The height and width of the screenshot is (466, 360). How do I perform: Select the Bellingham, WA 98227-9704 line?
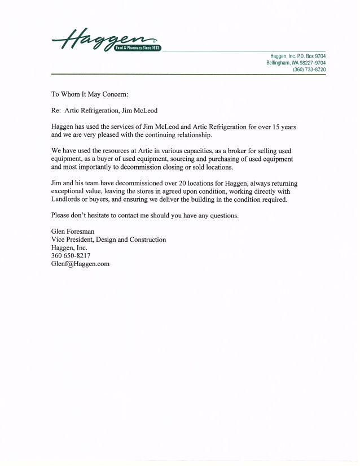click(x=296, y=63)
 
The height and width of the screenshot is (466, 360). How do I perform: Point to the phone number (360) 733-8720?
click(x=309, y=69)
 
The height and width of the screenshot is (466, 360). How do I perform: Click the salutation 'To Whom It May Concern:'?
click(x=86, y=95)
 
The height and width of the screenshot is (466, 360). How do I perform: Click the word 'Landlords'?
click(x=67, y=200)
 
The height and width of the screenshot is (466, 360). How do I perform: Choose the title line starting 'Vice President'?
click(x=108, y=239)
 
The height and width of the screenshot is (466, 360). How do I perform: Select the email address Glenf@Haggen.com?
click(x=80, y=264)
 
